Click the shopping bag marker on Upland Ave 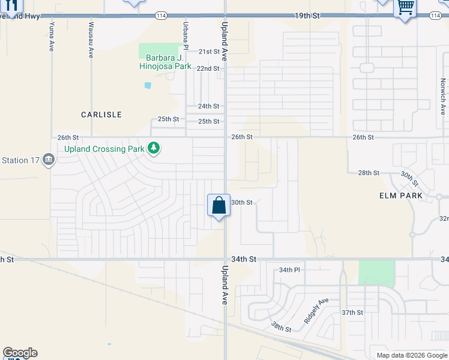click(218, 206)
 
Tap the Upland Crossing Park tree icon click(154, 148)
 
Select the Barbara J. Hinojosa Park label click(166, 62)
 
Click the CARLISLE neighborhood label click(101, 114)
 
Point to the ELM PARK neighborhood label click(401, 196)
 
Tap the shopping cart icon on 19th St click(405, 8)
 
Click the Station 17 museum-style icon click(49, 160)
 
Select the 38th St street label click(280, 327)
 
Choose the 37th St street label click(352, 313)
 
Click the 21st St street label click(209, 52)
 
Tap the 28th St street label click(369, 173)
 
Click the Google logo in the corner click(20, 353)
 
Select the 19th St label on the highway click(305, 16)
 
